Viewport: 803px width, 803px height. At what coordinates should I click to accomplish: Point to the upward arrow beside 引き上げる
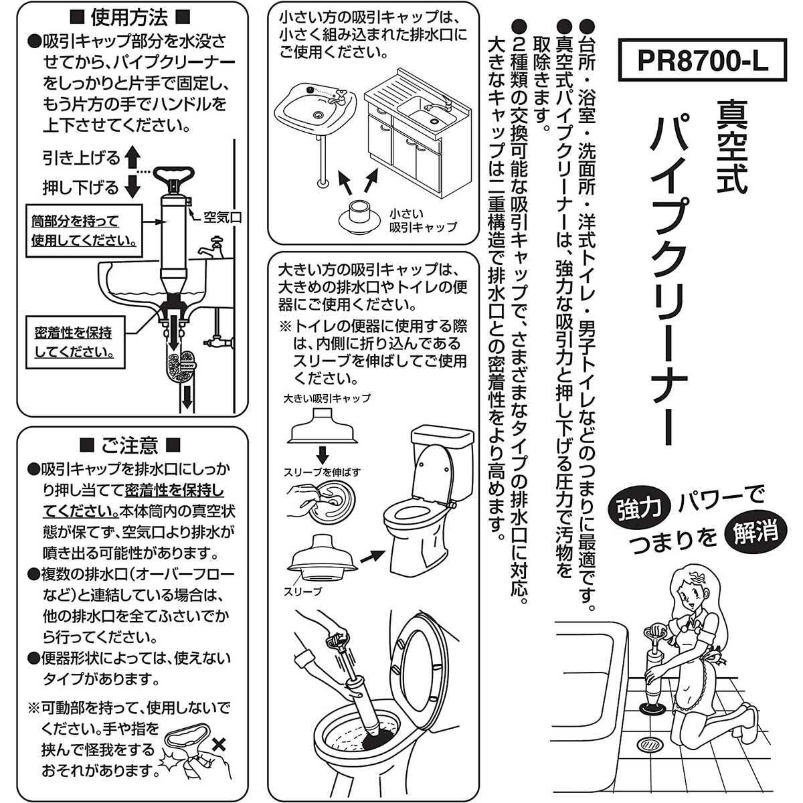point(132,159)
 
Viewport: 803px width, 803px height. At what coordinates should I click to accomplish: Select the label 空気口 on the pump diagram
point(221,216)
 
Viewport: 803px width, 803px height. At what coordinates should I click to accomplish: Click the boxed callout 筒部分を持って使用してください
point(84,230)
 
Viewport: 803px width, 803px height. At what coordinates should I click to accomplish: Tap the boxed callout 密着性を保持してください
point(74,341)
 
